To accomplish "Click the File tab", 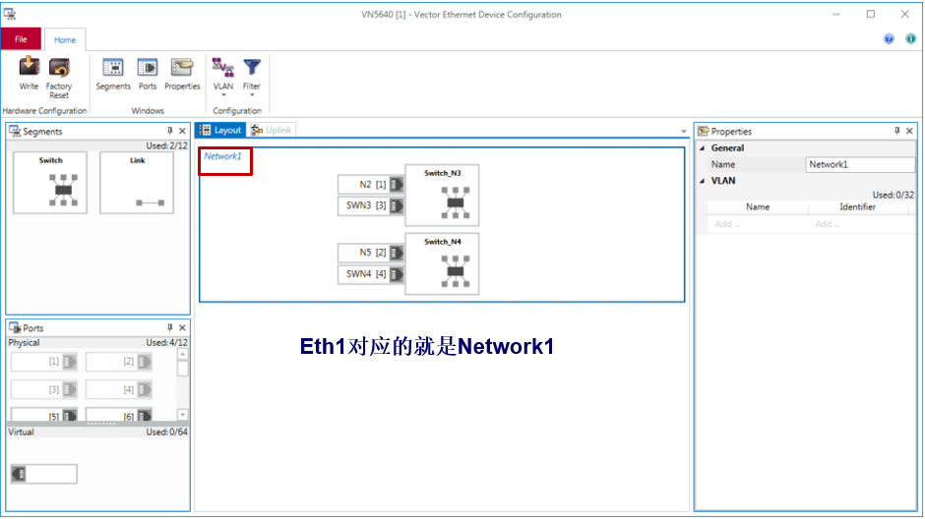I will [21, 39].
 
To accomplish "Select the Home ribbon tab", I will [65, 39].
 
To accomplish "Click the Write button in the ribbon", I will [29, 74].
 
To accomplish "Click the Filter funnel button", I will [252, 75].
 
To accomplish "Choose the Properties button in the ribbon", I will [182, 74].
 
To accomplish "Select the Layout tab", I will [219, 130].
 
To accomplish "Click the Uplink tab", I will [272, 130].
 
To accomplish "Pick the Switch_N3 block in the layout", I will [442, 196].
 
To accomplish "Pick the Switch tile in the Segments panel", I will [50, 182].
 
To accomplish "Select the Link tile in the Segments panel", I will [137, 182].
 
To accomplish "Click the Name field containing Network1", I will [859, 165].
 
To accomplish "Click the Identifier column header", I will [856, 207].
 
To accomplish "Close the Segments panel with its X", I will [182, 132].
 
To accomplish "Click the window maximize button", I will [870, 14].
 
